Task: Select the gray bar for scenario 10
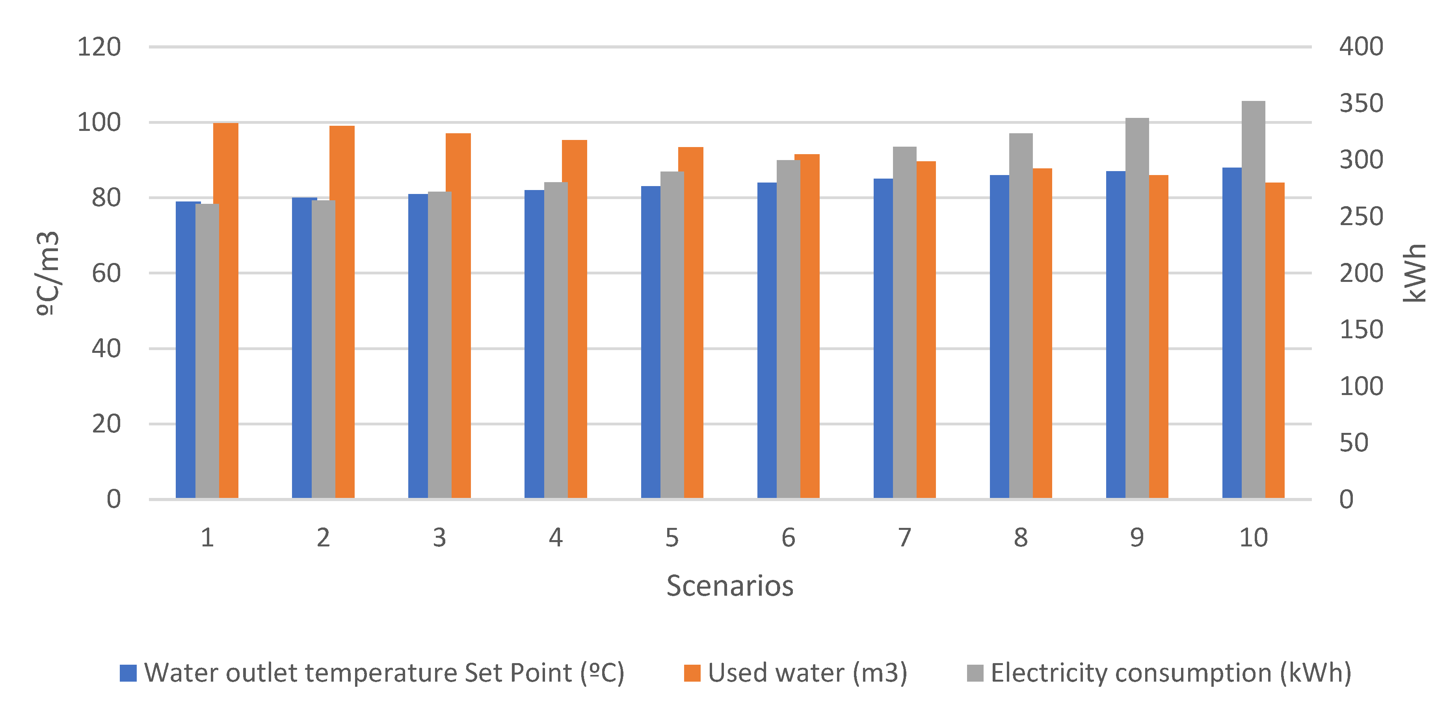[x=1253, y=298]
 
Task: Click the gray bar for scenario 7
[x=904, y=321]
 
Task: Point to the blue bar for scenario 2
[x=301, y=349]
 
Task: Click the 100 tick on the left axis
[x=99, y=123]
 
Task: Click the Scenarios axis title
[x=729, y=586]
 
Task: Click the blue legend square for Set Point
[x=128, y=673]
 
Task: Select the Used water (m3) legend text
[x=807, y=673]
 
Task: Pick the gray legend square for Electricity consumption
[x=975, y=673]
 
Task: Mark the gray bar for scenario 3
[x=439, y=343]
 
